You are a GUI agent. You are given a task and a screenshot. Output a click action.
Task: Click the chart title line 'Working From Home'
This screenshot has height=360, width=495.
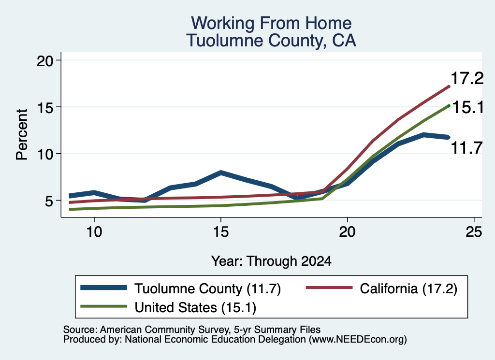point(271,23)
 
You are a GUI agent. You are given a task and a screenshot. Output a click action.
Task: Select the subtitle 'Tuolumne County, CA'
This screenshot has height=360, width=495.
point(271,41)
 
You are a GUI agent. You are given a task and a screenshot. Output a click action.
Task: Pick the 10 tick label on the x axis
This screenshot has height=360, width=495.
point(94,232)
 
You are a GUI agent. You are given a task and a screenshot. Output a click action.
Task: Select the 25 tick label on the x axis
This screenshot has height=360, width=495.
point(474,232)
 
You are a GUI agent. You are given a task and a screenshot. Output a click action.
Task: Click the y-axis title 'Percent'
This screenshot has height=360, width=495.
point(22,134)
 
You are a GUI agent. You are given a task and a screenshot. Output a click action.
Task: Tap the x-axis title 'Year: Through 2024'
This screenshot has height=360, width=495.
point(271,261)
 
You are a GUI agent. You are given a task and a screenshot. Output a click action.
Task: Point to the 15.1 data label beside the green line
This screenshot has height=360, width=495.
point(468,108)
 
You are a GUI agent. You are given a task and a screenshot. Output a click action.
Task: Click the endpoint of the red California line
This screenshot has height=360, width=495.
point(449,86)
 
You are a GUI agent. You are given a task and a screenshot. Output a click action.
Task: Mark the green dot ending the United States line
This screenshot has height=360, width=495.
point(449,106)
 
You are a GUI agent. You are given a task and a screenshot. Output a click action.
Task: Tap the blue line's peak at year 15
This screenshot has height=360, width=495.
point(220,173)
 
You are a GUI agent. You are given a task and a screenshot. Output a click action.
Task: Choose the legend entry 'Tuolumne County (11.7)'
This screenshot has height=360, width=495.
point(181,288)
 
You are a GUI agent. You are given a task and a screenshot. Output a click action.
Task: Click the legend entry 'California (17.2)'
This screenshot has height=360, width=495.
point(382,288)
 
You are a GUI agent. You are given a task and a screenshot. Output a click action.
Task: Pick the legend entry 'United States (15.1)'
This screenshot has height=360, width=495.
point(168,307)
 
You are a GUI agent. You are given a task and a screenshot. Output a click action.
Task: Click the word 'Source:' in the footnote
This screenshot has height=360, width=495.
point(80,330)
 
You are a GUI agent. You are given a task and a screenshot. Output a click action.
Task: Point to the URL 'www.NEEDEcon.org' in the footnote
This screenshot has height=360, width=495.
point(358,340)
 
